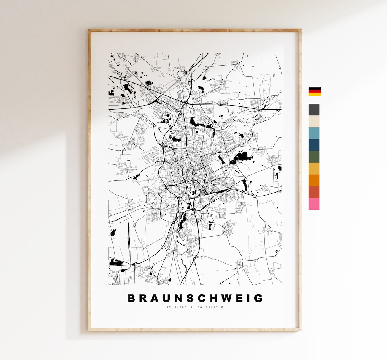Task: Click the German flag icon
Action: coord(314,91)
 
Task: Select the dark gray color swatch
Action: coord(314,110)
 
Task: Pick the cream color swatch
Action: coord(314,121)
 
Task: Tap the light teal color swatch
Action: coord(314,133)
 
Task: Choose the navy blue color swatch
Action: coord(314,145)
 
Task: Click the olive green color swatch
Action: coord(314,157)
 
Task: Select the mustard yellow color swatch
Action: coord(314,169)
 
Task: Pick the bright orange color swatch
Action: coord(314,180)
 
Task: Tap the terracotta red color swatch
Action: coord(314,192)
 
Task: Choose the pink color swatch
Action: coord(314,204)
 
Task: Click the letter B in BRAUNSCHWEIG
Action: coord(132,298)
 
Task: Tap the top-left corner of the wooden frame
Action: coord(90,30)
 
